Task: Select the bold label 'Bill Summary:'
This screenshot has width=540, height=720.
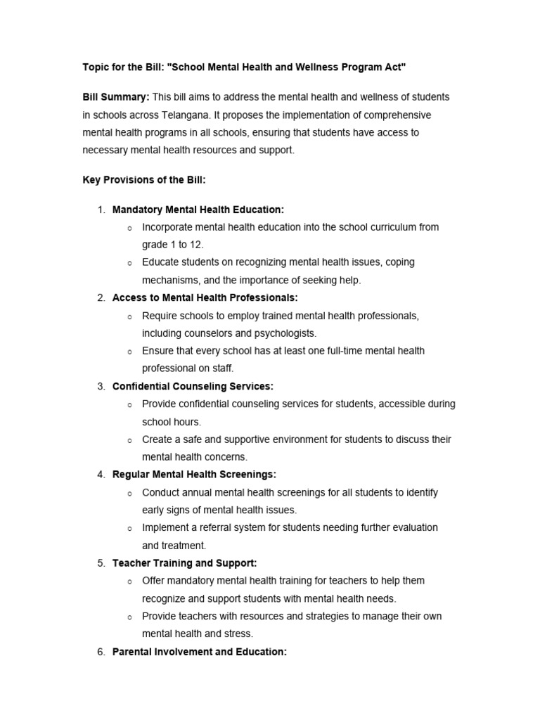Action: click(x=116, y=97)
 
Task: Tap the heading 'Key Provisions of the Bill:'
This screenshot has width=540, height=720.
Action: click(x=144, y=180)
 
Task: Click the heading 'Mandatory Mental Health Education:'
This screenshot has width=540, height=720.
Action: click(x=198, y=210)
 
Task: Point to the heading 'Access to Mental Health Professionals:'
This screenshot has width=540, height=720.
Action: click(x=205, y=298)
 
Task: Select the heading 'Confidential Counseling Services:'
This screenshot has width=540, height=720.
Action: click(x=193, y=386)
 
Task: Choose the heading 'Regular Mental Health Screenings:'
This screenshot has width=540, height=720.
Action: click(x=194, y=475)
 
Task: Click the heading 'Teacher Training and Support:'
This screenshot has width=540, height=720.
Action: click(x=184, y=563)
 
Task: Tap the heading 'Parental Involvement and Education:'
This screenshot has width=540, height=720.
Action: click(x=200, y=652)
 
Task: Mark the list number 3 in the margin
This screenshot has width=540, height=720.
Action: click(x=101, y=386)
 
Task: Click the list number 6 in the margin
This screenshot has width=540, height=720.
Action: click(x=101, y=652)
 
